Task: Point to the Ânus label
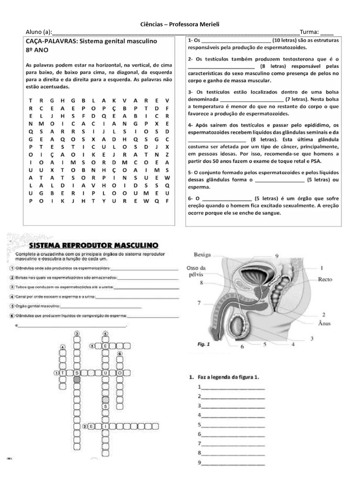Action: pos(324,323)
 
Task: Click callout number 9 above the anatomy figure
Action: pos(277,255)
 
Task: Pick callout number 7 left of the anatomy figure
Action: pos(199,303)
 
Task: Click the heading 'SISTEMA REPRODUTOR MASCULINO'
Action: pos(94,245)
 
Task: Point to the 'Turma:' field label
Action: pos(309,32)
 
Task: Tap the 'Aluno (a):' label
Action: pos(38,32)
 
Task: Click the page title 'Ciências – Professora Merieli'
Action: pos(180,24)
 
